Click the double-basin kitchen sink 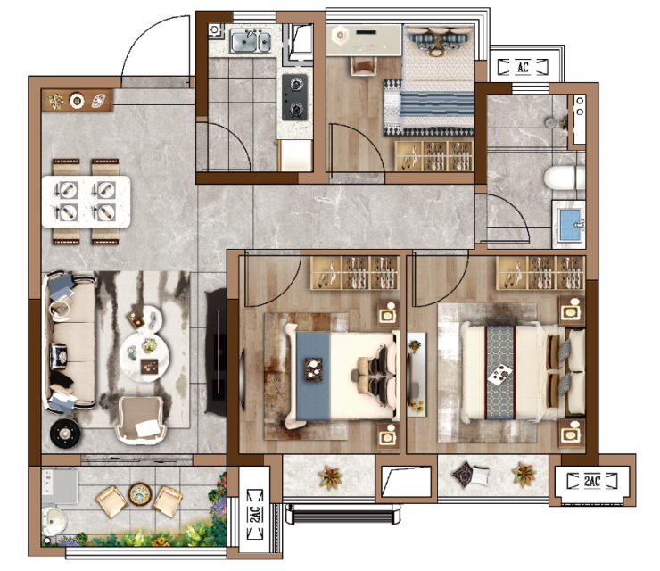tap(251, 41)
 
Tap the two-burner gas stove tap(294, 97)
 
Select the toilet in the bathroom tap(564, 178)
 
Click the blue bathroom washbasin tap(570, 224)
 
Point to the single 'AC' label tap(524, 67)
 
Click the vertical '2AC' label tap(255, 514)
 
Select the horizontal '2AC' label tap(592, 481)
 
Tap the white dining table tap(86, 202)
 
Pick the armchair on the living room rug tap(141, 420)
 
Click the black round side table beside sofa tap(65, 433)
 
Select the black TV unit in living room tap(216, 352)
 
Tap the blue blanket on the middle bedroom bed tap(313, 376)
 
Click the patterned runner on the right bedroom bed tap(500, 372)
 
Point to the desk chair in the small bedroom tap(364, 66)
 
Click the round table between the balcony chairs tap(140, 494)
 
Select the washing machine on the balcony tap(60, 487)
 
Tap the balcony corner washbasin tap(54, 521)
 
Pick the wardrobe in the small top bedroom tap(434, 156)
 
